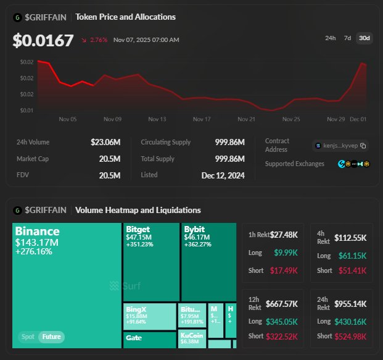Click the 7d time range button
(347, 38)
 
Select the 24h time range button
(331, 38)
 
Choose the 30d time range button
(364, 38)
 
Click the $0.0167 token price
(43, 40)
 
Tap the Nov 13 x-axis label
(157, 119)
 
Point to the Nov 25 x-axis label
(291, 119)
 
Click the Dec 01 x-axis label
(358, 119)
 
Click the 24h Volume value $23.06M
(105, 142)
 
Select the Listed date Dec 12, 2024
(223, 175)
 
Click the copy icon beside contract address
(363, 146)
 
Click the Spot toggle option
(27, 337)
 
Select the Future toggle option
(51, 337)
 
